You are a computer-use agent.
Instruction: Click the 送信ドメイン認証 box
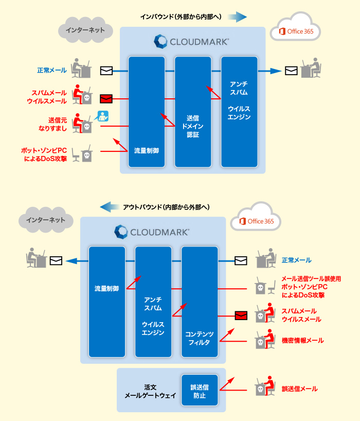pyautogui.click(x=193, y=112)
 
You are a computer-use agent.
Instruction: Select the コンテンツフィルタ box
pyautogui.click(x=200, y=302)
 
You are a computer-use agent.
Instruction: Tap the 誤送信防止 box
pyautogui.click(x=200, y=391)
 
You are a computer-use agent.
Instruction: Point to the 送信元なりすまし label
pyautogui.click(x=52, y=124)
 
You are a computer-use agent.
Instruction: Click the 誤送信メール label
pyautogui.click(x=299, y=389)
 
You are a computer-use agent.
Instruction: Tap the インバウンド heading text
pyautogui.click(x=181, y=17)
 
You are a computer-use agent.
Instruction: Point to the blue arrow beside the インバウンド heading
pyautogui.click(x=237, y=17)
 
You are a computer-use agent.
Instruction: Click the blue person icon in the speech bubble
pyautogui.click(x=104, y=115)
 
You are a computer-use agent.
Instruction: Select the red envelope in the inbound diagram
pyautogui.click(x=106, y=98)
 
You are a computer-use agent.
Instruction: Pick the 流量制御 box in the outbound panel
pyautogui.click(x=107, y=302)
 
